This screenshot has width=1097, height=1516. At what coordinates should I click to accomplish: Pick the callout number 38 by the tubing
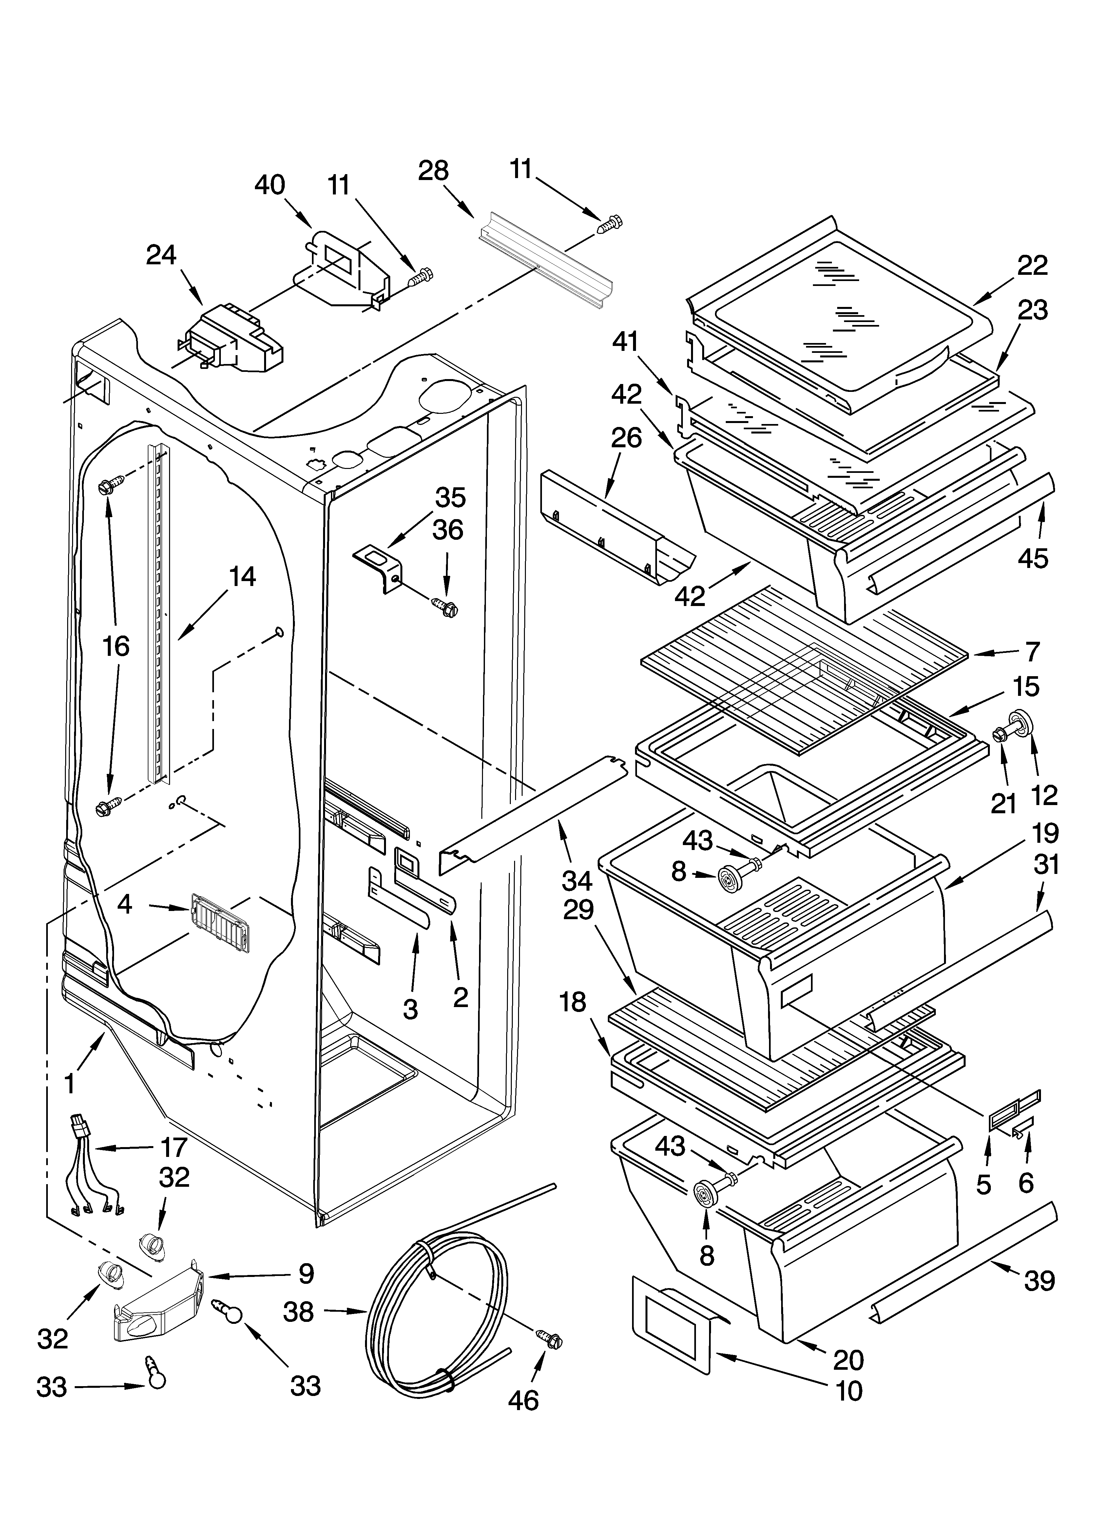coord(298,1312)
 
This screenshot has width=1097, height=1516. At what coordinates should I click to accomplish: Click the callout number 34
coord(577,881)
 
